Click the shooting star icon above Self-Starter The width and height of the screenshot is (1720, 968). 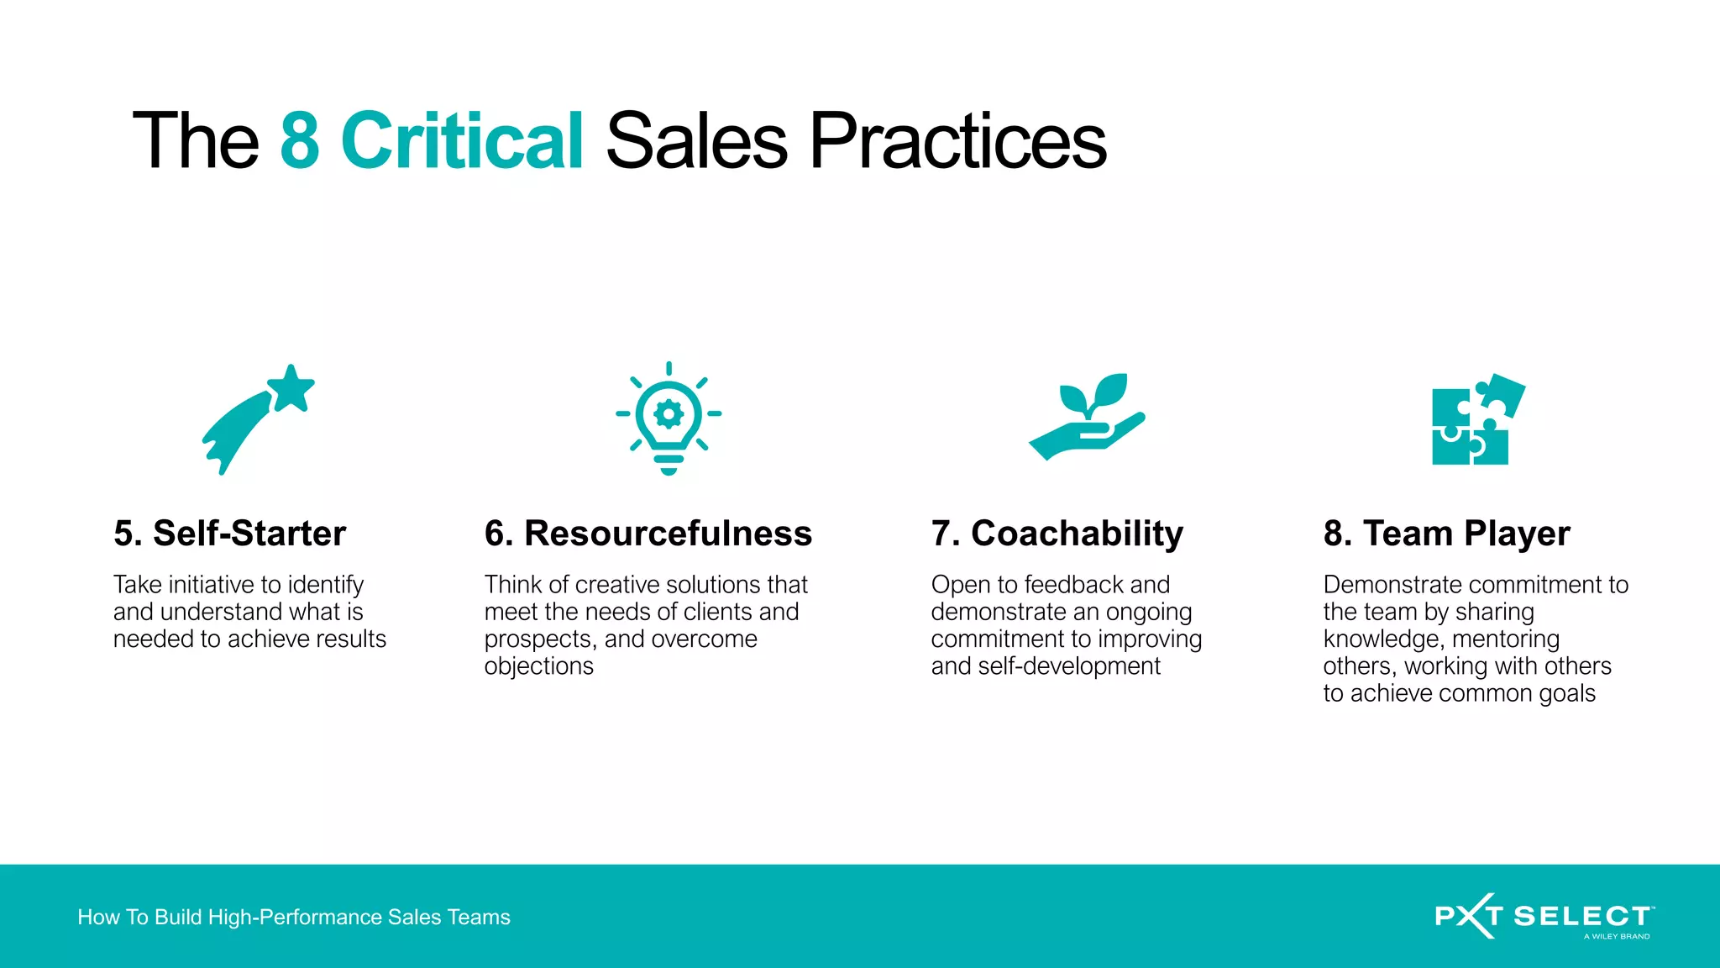tap(258, 418)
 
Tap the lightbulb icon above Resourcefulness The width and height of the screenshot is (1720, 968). tap(669, 418)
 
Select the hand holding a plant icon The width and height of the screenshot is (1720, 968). tap(1088, 417)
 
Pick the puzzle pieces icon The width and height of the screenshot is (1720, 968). tap(1477, 419)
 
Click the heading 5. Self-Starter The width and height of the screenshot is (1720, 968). tap(229, 534)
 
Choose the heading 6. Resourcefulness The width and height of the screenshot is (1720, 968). tap(648, 534)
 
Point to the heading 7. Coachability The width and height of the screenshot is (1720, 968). tap(1057, 534)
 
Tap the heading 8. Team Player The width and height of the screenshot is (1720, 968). tap(1446, 534)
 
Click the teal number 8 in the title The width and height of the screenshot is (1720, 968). tap(300, 140)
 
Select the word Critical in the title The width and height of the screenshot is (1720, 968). tap(462, 140)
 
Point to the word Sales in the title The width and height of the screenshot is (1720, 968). tap(696, 140)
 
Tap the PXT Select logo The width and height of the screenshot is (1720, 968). tap(1544, 916)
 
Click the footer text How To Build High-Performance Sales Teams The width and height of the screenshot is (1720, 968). tap(294, 917)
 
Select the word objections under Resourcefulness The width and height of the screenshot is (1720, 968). tap(538, 666)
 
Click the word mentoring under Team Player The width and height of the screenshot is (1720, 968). tap(1505, 639)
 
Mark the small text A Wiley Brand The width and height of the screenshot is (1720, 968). tap(1617, 936)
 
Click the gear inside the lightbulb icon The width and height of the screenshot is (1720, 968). tap(669, 413)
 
